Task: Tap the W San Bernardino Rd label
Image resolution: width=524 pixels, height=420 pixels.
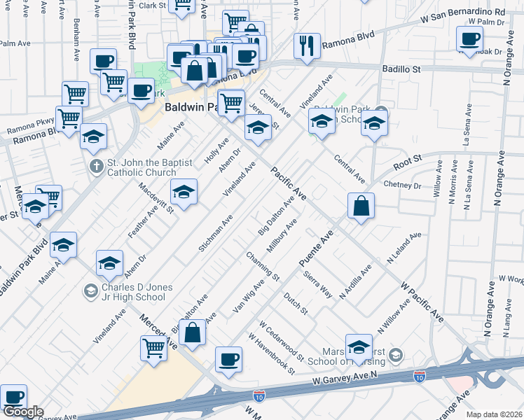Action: [x=462, y=13]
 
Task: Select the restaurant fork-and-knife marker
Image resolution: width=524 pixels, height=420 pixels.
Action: [x=307, y=45]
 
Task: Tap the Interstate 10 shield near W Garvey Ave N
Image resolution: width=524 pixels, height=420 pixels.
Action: [x=420, y=377]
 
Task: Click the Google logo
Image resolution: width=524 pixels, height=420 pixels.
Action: [x=22, y=412]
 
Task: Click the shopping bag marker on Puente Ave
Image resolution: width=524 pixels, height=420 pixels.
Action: [x=360, y=206]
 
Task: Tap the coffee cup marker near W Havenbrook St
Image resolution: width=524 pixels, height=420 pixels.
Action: [x=228, y=359]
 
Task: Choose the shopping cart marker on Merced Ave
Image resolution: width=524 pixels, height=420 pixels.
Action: [x=153, y=348]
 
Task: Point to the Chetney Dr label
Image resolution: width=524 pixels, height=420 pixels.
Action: [x=402, y=186]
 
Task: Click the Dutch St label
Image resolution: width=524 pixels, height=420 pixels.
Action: [x=295, y=304]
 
